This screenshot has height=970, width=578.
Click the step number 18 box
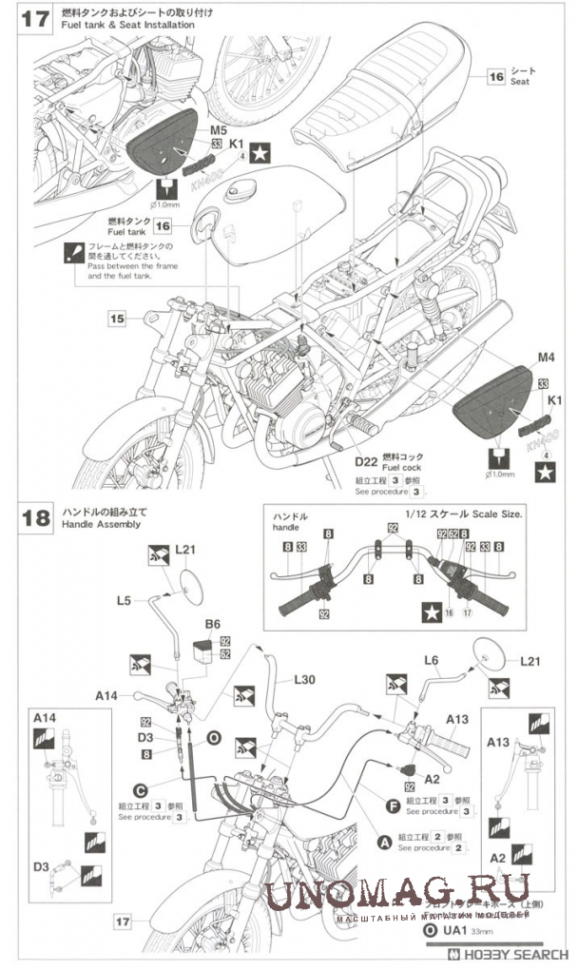(x=35, y=517)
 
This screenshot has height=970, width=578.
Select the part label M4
(x=545, y=358)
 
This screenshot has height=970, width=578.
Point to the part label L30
(x=304, y=680)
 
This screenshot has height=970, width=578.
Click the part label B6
(x=212, y=624)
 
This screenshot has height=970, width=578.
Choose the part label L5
(x=125, y=600)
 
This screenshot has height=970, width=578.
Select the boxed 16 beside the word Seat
(x=495, y=78)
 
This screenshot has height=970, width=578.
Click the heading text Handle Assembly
(x=100, y=525)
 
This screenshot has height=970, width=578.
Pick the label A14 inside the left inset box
(x=45, y=717)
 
